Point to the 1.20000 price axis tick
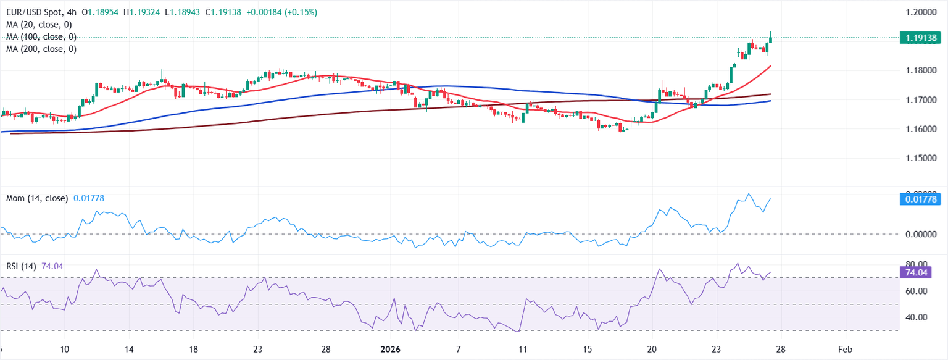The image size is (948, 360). coord(919,12)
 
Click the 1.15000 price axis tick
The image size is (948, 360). coord(919,159)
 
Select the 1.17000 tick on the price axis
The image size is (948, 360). coord(919,100)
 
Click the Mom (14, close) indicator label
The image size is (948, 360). coord(36,198)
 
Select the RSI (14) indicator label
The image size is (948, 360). coord(21,266)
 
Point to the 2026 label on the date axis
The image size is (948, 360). coord(391,349)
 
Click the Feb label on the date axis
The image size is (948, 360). coord(846,349)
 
